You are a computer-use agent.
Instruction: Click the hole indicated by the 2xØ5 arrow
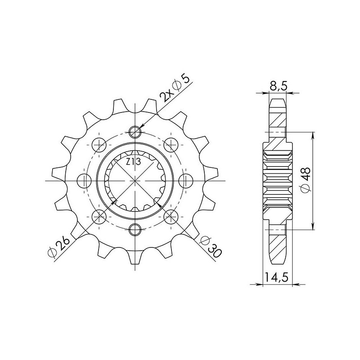(x=135, y=131)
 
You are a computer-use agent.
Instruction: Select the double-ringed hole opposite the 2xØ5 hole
(x=135, y=229)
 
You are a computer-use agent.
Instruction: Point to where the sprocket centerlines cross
(x=135, y=180)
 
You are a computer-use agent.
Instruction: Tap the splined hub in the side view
(x=277, y=181)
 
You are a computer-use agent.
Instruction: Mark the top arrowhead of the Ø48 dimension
(x=313, y=135)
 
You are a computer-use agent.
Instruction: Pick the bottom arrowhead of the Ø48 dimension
(x=313, y=228)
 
